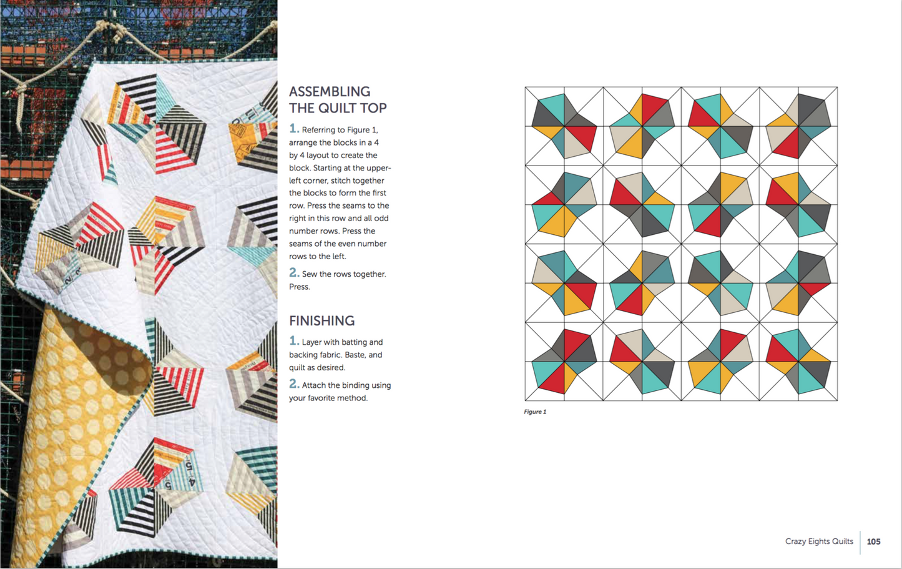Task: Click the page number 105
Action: (873, 542)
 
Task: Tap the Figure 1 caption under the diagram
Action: (535, 412)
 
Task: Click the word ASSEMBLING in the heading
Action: (330, 91)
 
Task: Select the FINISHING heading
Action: (321, 321)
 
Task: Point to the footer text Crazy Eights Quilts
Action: (819, 542)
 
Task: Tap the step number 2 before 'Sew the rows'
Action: (294, 273)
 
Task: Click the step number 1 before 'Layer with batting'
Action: (294, 341)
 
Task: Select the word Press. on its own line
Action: (299, 287)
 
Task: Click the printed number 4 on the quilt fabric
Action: (192, 482)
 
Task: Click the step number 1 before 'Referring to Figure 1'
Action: (294, 129)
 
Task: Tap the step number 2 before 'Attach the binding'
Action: (294, 384)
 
